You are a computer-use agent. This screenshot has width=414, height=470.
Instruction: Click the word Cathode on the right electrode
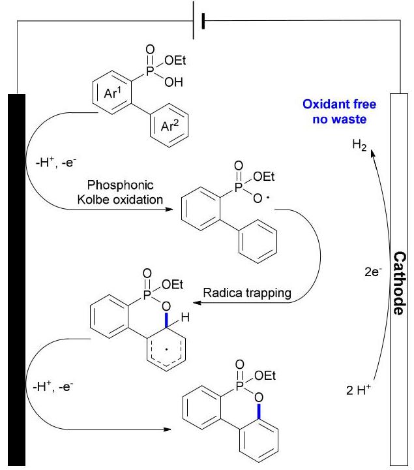coord(400,283)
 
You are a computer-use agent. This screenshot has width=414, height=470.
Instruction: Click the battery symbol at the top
coord(198,20)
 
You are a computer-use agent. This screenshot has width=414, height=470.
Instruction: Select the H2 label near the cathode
coord(359,145)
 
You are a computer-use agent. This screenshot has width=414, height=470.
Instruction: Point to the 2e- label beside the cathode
coord(373,272)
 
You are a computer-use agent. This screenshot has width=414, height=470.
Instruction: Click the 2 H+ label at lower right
coord(359,390)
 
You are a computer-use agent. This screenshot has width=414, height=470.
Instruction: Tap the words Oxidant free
coord(339,104)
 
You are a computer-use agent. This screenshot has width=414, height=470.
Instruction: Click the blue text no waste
coord(340,119)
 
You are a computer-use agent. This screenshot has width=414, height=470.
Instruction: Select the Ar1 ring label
coord(113,93)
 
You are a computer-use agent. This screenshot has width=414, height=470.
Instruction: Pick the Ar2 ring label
coord(170,125)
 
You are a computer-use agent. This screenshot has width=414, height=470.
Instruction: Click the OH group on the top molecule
coord(173,82)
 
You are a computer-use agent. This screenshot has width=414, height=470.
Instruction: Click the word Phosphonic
coord(121,185)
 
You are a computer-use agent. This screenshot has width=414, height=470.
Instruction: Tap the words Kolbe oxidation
coord(120,200)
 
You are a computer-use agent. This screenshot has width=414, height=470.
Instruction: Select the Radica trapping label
coord(247,293)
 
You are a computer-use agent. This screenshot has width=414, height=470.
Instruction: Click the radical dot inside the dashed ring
coord(167,349)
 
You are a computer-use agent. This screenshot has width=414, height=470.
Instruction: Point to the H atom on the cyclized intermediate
coord(185,317)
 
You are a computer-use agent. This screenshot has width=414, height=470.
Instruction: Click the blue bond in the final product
coord(259,411)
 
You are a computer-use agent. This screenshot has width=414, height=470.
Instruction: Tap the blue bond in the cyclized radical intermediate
coord(167,319)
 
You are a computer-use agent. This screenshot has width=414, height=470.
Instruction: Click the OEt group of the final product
coord(265,375)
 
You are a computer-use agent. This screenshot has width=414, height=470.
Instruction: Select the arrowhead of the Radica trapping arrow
coord(197,302)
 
